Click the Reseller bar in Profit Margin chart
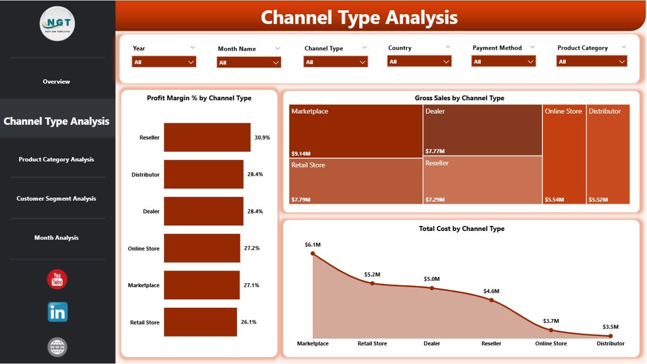point(207,137)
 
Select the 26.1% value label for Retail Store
point(249,322)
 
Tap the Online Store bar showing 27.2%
point(202,248)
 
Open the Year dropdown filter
point(164,62)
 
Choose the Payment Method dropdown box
point(503,61)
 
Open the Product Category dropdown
point(591,61)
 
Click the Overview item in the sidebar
point(57,81)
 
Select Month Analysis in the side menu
point(57,238)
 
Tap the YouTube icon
point(57,280)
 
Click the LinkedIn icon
point(58,312)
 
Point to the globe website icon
point(57,347)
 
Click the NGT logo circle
point(57,24)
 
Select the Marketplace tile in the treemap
point(356,131)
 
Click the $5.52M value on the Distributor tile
point(598,200)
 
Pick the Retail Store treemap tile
point(356,181)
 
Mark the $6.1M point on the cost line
point(313,253)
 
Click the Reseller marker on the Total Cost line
point(491,300)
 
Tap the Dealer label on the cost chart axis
point(432,343)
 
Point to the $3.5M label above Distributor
point(610,327)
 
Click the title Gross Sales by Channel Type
point(459,98)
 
